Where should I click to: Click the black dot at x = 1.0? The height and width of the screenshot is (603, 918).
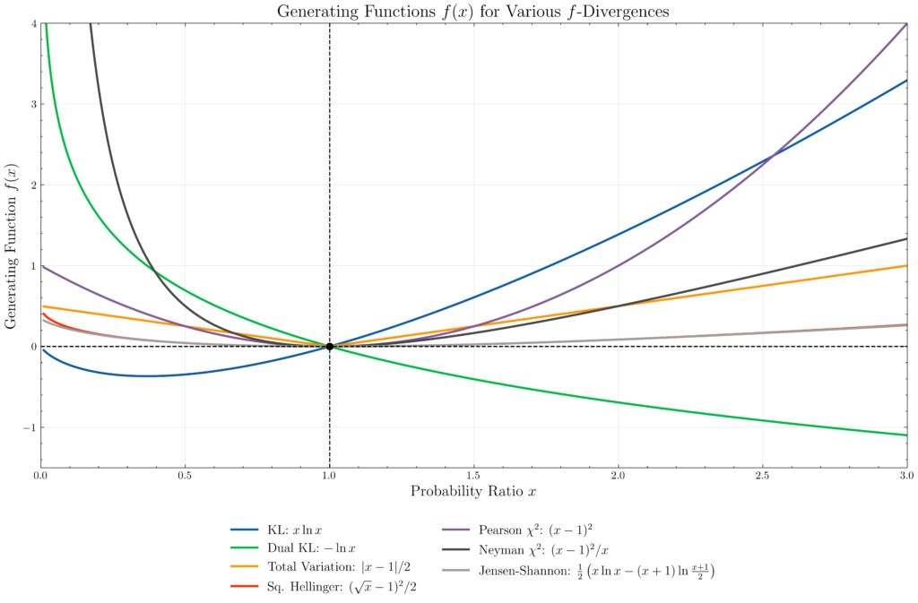pyautogui.click(x=330, y=346)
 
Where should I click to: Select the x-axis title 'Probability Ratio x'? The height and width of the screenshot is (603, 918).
pyautogui.click(x=474, y=491)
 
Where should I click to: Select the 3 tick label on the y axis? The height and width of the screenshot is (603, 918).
pyautogui.click(x=31, y=104)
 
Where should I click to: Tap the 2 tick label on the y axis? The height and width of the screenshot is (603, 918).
pyautogui.click(x=31, y=185)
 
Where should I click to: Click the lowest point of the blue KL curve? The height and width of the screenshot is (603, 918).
pyautogui.click(x=147, y=375)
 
